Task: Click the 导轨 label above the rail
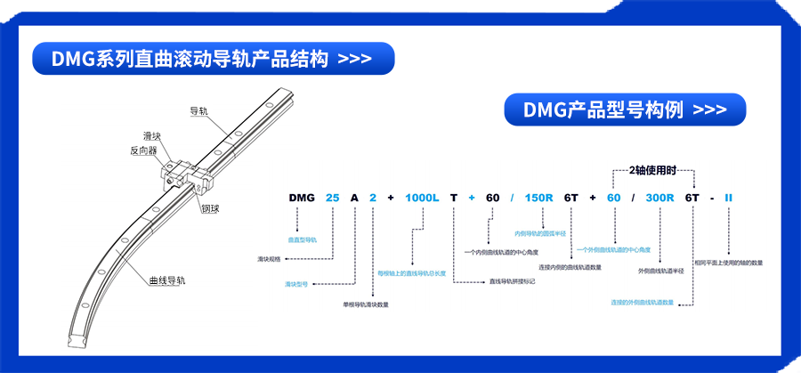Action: (198, 111)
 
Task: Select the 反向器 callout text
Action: (143, 151)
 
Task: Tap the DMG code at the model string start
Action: (302, 197)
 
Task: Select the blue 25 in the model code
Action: (332, 197)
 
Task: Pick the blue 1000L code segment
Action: (423, 197)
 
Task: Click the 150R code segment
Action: (539, 197)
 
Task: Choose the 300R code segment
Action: (659, 197)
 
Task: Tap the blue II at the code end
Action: (728, 197)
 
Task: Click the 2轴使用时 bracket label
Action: (653, 169)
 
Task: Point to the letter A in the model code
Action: (355, 197)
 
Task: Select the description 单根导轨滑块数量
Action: (366, 304)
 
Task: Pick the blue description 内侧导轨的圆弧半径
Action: (541, 234)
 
